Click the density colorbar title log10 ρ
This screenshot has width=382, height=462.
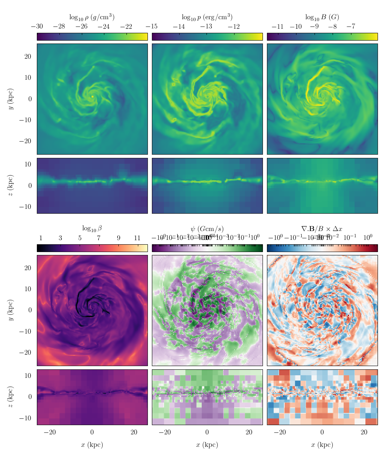pos(92,17)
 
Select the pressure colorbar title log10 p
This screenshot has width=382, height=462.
pos(207,17)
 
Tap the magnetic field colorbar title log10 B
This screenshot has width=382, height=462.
pos(322,17)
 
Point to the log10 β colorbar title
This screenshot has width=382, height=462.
pos(92,229)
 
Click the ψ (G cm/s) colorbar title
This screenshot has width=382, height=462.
pos(207,229)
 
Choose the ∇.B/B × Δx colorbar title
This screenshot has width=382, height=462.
pos(322,229)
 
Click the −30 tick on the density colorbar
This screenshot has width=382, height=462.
pos(37,27)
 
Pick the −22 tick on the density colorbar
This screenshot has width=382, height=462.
pos(126,27)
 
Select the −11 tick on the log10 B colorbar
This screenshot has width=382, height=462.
pos(277,27)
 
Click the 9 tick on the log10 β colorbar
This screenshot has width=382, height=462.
pos(118,238)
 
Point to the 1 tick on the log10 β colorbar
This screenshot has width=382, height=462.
pos(41,238)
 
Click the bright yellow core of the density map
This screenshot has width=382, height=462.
pos(93,97)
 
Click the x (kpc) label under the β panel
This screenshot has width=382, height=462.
pos(92,445)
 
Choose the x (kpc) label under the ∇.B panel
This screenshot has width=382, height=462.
pos(322,445)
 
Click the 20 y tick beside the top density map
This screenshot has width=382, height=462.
pos(28,56)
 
